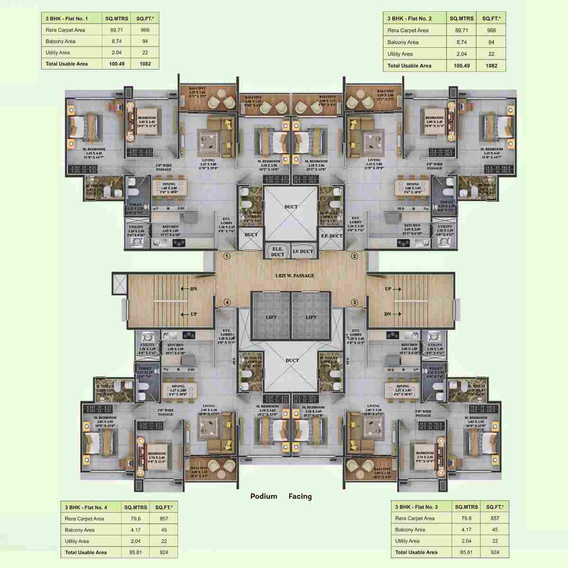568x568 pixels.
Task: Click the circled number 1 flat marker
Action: pos(227,257)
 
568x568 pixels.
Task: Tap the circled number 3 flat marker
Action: pos(354,302)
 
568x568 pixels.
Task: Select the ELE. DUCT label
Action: pos(277,252)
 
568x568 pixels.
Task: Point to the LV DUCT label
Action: pos(302,251)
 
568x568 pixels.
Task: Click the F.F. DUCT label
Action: pos(331,235)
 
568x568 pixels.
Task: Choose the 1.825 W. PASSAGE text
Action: pos(295,275)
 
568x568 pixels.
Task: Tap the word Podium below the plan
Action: pos(264,497)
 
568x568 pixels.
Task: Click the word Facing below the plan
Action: pos(300,497)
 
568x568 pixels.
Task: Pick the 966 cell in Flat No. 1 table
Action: pos(145,30)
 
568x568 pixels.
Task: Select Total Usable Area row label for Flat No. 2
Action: pos(409,66)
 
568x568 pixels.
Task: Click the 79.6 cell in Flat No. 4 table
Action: pos(135,518)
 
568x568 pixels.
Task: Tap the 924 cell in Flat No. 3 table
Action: pos(495,552)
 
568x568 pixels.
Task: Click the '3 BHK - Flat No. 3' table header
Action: pos(417,507)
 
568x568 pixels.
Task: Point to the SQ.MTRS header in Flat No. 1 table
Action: pos(116,18)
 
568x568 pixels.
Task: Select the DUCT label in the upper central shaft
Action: pos(291,207)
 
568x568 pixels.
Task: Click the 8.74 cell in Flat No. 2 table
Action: pos(461,42)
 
